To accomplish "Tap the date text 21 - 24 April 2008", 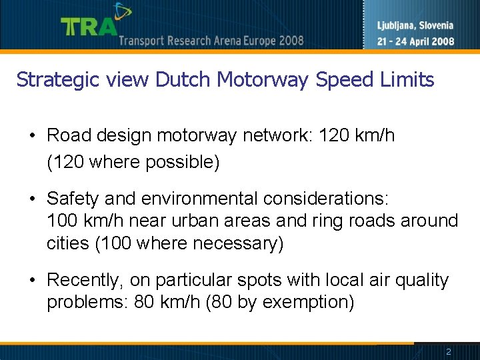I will [415, 41].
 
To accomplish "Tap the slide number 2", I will [449, 352].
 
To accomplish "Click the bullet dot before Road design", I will [32, 136].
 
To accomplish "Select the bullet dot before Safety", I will [32, 199].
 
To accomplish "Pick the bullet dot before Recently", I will [32, 280].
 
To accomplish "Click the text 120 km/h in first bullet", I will [357, 136].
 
